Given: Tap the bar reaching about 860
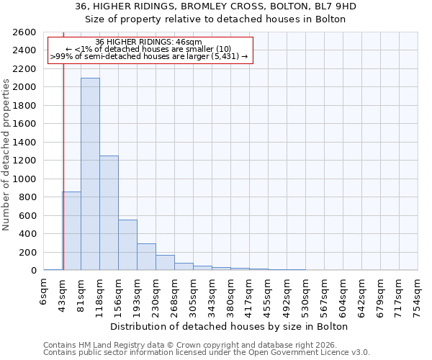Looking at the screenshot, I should pyautogui.click(x=71, y=231).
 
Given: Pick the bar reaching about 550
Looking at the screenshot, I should pyautogui.click(x=127, y=245).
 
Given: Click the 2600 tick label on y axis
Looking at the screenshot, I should pyautogui.click(x=25, y=32).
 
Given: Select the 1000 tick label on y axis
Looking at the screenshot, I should pyautogui.click(x=25, y=179).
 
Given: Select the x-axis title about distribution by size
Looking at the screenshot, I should pyautogui.click(x=230, y=326).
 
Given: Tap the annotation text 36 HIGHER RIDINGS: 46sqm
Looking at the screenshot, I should pyautogui.click(x=149, y=42).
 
